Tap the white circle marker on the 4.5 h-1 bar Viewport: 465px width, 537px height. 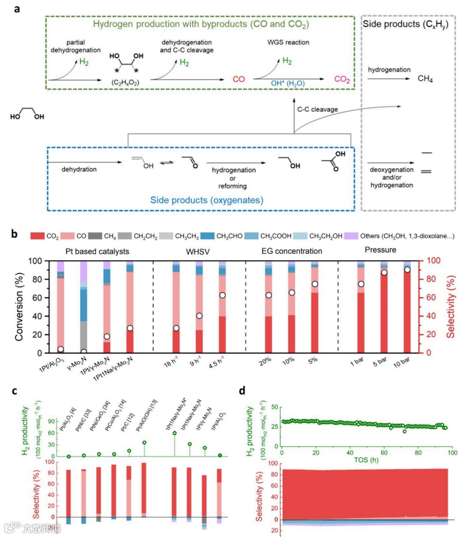(x=222, y=295)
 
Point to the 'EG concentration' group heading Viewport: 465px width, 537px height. (x=291, y=251)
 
